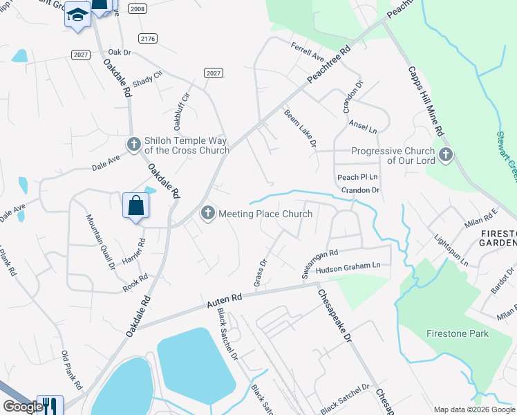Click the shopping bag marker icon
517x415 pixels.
pyautogui.click(x=135, y=205)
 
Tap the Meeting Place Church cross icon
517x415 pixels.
pyautogui.click(x=207, y=214)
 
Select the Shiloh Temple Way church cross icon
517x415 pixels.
pyautogui.click(x=133, y=145)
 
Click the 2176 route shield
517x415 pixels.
pyautogui.click(x=147, y=38)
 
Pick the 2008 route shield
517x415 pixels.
pyautogui.click(x=137, y=8)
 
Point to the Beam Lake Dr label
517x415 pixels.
pyautogui.click(x=300, y=128)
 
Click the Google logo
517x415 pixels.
pyautogui.click(x=23, y=407)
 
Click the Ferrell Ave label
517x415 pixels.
pyautogui.click(x=308, y=50)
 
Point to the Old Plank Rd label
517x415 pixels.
pyautogui.click(x=72, y=370)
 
